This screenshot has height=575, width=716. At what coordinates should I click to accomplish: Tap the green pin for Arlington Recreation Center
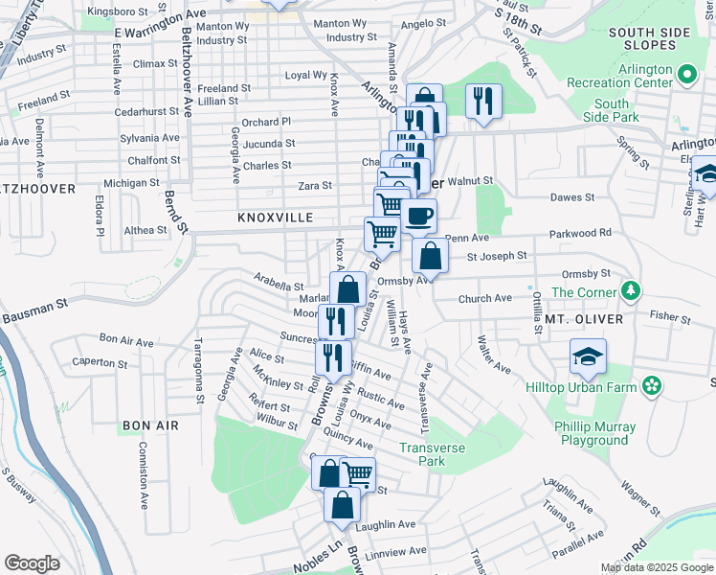(686, 74)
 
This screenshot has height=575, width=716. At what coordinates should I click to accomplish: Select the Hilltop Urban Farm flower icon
(653, 385)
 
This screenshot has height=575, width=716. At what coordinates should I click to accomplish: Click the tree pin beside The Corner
(629, 289)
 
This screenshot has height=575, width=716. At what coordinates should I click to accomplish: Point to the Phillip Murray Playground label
(594, 433)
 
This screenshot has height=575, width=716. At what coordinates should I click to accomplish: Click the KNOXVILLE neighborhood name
(276, 218)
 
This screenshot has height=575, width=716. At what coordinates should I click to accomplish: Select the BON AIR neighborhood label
(150, 425)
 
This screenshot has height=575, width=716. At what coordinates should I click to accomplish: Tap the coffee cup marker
(417, 217)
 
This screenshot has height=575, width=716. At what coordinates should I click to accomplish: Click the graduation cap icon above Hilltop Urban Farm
(588, 357)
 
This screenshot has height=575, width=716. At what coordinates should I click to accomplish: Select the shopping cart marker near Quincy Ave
(357, 473)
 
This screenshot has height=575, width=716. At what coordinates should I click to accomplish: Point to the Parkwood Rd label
(580, 233)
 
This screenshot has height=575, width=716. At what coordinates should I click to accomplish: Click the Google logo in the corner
(32, 563)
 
